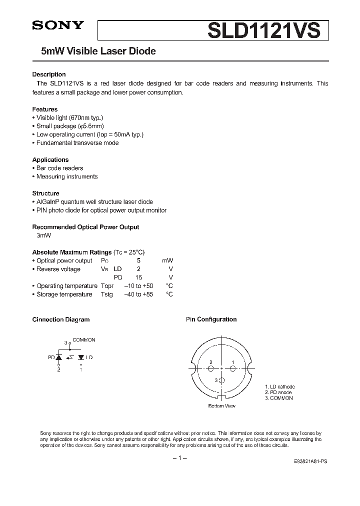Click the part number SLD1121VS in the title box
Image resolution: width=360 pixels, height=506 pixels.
pos(263,30)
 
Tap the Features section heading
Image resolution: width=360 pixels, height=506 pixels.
pos(44,109)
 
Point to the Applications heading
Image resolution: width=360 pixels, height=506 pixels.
pos(50,159)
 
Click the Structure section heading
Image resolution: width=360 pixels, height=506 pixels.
pos(45,193)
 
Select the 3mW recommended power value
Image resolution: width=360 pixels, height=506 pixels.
pos(44,235)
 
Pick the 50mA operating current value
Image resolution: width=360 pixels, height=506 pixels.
pos(121,134)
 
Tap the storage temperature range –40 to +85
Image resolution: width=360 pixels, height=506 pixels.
pos(139,294)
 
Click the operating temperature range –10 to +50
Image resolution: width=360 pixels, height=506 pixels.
pos(139,286)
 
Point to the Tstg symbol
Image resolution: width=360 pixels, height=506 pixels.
pos(106,294)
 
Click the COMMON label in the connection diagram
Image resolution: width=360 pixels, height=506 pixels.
pos(84,340)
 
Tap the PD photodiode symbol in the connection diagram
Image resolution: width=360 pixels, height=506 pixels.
pos(59,357)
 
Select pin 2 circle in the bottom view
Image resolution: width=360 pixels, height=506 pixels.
pos(210,369)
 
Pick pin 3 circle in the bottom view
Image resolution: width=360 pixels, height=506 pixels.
pos(221,381)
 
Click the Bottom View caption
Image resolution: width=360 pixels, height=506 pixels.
pos(221,406)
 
